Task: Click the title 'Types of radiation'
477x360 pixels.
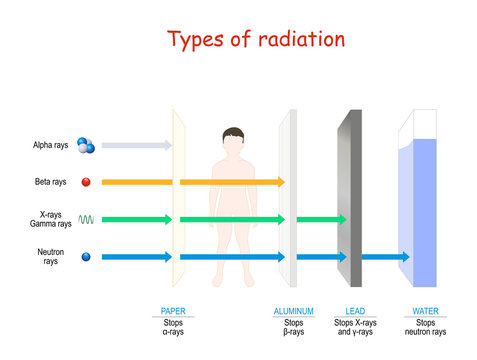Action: [x=257, y=40]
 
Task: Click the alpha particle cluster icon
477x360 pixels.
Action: [x=87, y=146]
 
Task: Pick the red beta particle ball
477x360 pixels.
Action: [x=87, y=182]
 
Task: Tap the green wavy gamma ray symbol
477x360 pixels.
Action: [x=87, y=219]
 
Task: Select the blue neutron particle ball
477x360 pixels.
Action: [x=87, y=257]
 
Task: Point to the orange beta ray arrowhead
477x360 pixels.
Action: [x=280, y=182]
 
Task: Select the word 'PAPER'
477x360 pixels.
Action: [x=174, y=311]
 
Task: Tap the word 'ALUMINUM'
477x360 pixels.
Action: [x=294, y=311]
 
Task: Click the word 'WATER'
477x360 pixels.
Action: [x=425, y=311]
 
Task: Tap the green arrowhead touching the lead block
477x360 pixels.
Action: [x=341, y=219]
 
